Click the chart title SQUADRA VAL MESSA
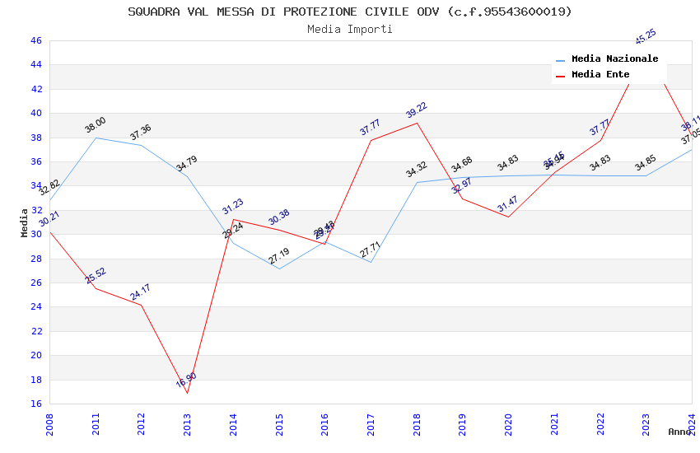tap(349, 12)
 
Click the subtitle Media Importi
tap(349, 29)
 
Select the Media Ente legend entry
tap(600, 74)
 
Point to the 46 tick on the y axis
tap(35, 40)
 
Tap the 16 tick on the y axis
tap(35, 404)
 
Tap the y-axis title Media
tap(25, 222)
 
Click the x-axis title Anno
tap(679, 432)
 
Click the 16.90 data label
tap(186, 381)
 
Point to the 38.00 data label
tap(96, 125)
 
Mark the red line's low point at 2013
tap(188, 393)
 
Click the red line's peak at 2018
tap(418, 123)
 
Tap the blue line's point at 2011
tap(96, 138)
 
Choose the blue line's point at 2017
tap(371, 262)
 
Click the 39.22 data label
tap(417, 110)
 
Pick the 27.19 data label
tap(279, 256)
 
